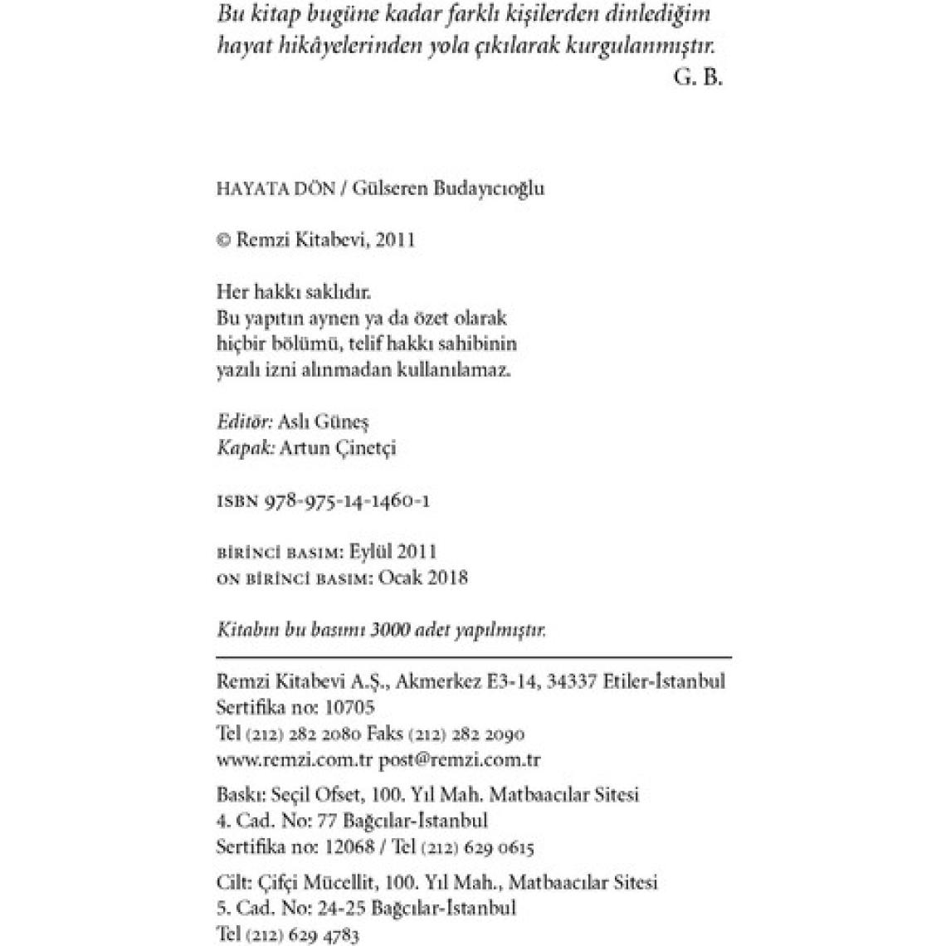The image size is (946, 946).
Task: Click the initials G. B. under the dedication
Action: coord(699,77)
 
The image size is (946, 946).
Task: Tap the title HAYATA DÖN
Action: coord(276,188)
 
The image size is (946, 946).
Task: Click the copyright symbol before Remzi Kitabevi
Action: coord(222,241)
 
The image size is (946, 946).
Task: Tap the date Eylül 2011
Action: coord(393,552)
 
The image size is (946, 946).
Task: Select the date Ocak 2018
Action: coord(423,578)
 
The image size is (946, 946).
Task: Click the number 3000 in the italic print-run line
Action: coord(393,630)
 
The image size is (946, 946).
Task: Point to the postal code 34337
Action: coord(571,681)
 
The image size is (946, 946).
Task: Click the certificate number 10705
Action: coord(349,708)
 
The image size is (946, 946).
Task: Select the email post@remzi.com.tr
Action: coord(460,760)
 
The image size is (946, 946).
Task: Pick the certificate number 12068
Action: coord(347,847)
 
